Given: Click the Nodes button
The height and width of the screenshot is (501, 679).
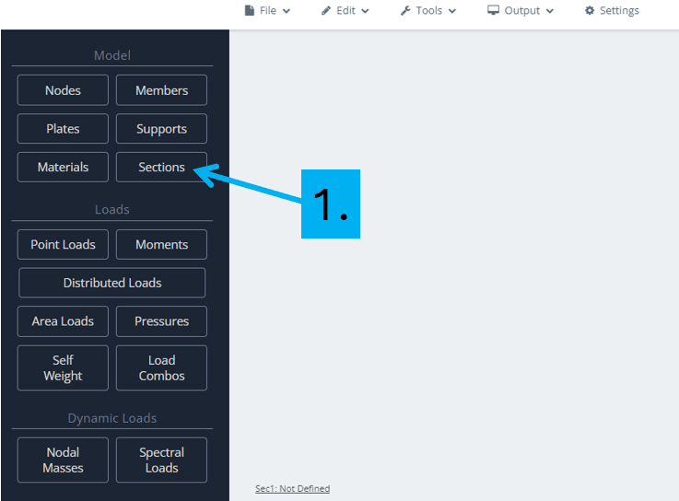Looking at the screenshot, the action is click(x=63, y=90).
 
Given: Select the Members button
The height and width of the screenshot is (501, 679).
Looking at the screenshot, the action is click(x=161, y=90).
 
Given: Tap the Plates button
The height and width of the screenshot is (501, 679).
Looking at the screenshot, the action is click(x=63, y=129).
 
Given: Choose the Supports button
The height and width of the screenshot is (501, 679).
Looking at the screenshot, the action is click(x=161, y=129).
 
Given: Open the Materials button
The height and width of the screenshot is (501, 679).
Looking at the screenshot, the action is click(x=63, y=167).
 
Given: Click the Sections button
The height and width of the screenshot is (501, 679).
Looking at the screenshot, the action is click(x=161, y=167).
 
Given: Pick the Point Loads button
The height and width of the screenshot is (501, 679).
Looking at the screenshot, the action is click(x=63, y=245).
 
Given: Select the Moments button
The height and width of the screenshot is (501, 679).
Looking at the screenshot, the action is click(x=161, y=245).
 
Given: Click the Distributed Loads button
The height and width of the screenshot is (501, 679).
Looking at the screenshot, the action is click(x=112, y=283).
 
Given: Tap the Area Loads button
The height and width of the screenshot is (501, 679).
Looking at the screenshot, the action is click(x=63, y=321).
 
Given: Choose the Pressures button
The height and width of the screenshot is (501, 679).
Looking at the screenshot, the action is click(x=161, y=321).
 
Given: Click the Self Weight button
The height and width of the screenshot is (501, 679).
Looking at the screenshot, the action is click(x=63, y=367).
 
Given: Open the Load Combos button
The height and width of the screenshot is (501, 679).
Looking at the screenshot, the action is click(x=161, y=367).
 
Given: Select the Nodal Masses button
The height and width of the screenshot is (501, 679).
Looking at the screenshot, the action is click(x=63, y=460).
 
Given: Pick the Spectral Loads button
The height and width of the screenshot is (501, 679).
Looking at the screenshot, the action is click(x=161, y=460).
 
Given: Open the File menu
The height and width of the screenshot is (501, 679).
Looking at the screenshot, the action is click(x=267, y=10).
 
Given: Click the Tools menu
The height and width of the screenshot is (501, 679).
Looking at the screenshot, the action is click(x=428, y=10).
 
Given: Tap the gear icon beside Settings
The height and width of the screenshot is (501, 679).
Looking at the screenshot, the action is click(x=590, y=10).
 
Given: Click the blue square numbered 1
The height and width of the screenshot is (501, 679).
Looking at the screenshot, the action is click(x=331, y=204).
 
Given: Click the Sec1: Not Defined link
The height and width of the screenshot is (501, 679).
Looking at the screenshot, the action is click(x=292, y=488).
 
